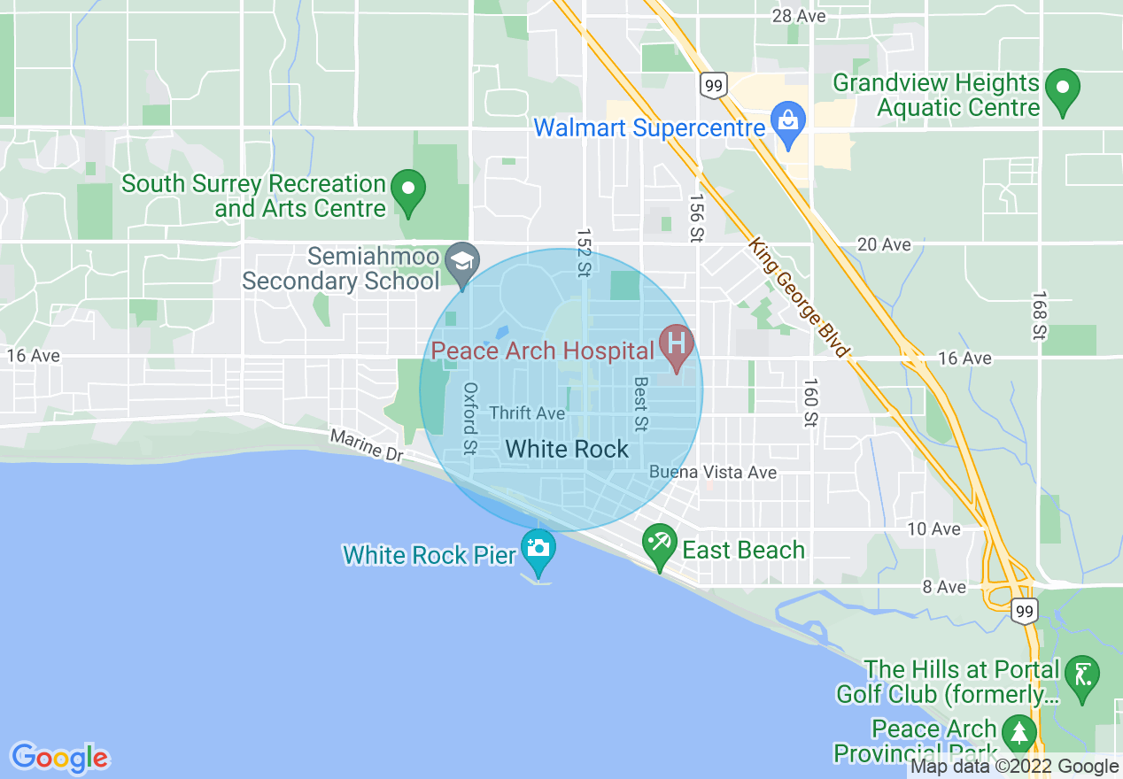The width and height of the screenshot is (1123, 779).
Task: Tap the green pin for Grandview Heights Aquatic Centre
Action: click(x=1062, y=88)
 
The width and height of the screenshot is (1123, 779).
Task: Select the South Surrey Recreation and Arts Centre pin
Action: click(x=408, y=189)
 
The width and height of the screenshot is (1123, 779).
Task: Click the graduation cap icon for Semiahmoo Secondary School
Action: click(x=461, y=261)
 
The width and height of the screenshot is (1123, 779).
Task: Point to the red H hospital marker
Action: click(x=678, y=343)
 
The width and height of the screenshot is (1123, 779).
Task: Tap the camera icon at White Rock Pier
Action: click(x=538, y=548)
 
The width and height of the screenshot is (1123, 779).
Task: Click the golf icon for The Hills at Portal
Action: click(x=1081, y=674)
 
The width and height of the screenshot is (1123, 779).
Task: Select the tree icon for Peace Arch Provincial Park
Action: click(x=1019, y=732)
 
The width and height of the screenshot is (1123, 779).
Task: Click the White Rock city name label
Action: click(x=567, y=449)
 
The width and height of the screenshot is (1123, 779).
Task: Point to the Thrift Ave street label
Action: click(x=527, y=413)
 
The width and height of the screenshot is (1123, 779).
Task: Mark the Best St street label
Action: click(x=641, y=404)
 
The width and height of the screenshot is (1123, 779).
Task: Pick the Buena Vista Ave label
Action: click(x=713, y=473)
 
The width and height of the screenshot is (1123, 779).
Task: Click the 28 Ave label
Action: click(x=799, y=16)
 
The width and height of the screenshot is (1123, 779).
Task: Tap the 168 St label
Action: click(x=1040, y=315)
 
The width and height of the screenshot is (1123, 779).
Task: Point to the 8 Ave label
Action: click(x=944, y=587)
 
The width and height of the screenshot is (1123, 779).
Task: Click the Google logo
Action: click(x=59, y=758)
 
